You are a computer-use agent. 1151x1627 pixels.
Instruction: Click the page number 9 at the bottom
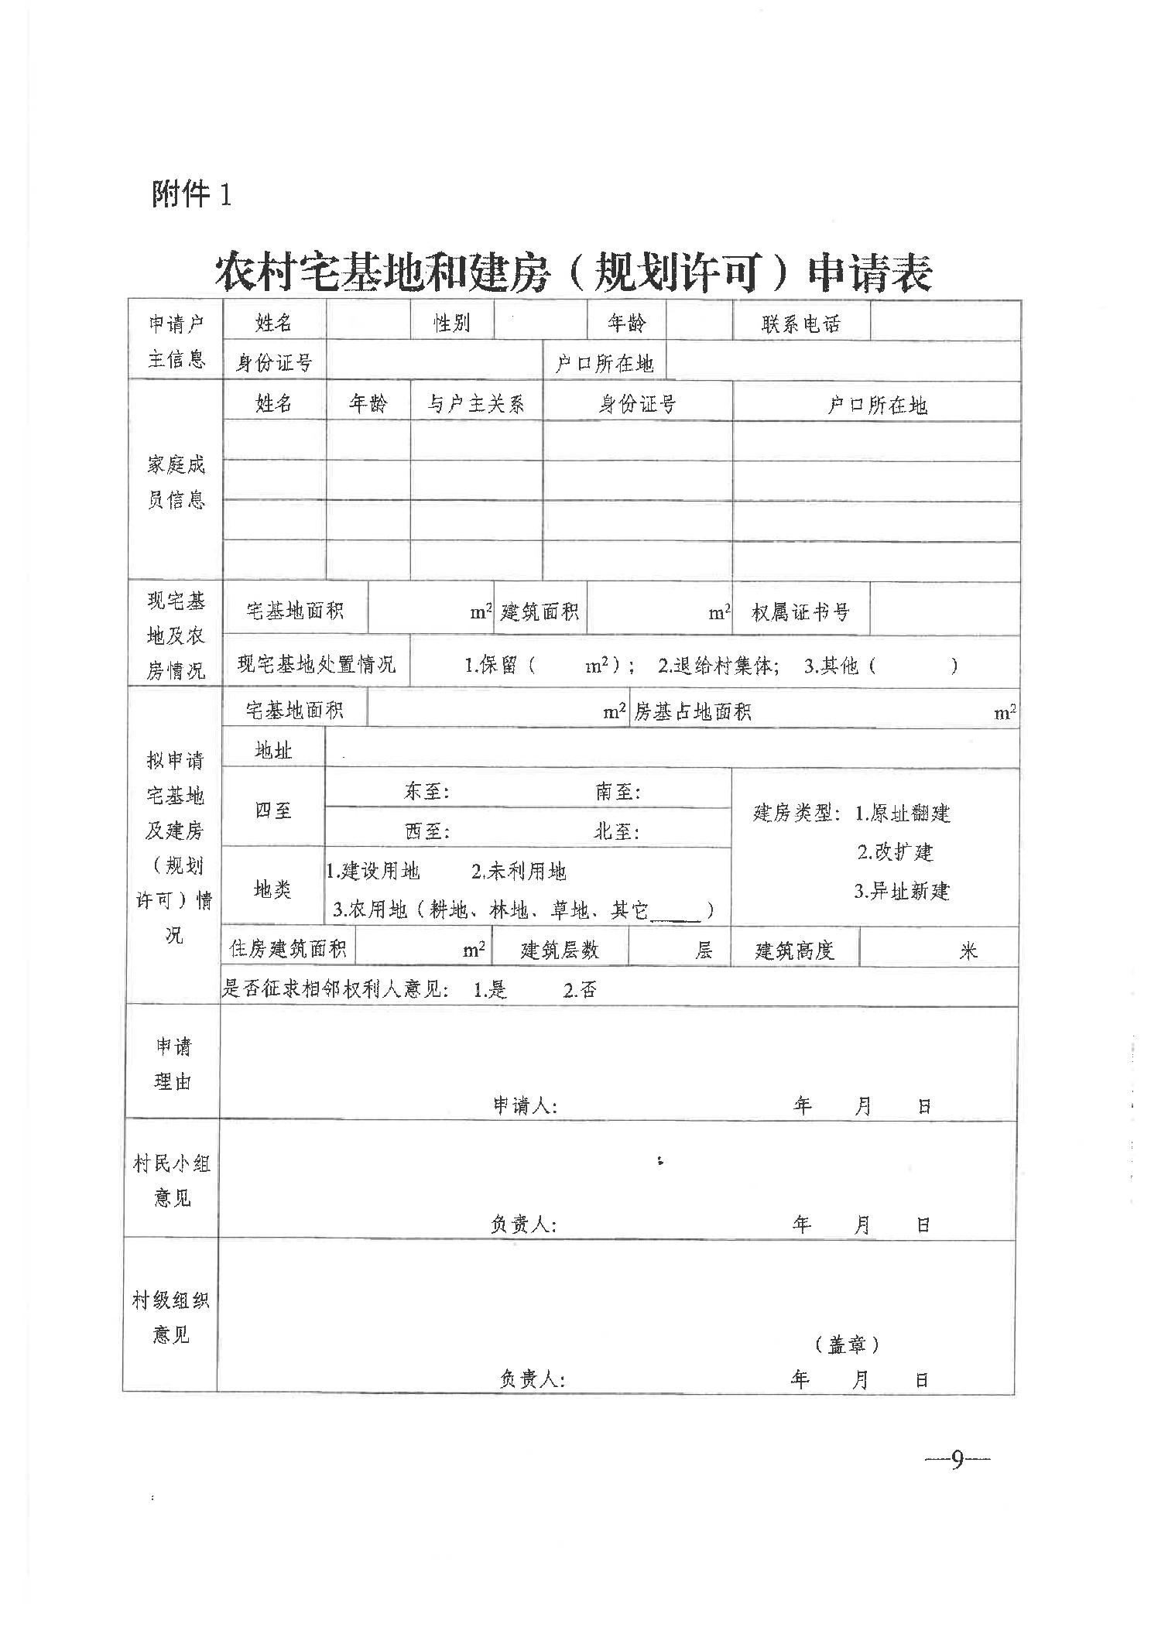click(957, 1460)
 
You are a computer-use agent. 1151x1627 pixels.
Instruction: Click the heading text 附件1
click(191, 194)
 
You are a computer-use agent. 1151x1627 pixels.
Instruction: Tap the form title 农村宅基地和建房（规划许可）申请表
click(573, 272)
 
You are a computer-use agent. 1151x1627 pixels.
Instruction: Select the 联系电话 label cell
click(800, 324)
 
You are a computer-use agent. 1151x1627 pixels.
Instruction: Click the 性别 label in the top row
click(451, 323)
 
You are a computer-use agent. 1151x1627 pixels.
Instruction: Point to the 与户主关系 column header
click(476, 403)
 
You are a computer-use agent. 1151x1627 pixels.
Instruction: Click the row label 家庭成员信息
click(176, 481)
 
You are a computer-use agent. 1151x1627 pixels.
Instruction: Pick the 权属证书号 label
click(800, 612)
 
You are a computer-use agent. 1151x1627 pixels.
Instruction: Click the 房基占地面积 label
click(692, 711)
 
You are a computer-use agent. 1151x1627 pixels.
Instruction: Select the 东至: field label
click(426, 791)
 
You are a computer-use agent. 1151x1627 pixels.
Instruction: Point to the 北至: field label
click(616, 831)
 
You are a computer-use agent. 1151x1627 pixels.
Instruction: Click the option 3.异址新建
click(901, 890)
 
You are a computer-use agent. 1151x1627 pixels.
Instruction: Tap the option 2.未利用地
click(519, 872)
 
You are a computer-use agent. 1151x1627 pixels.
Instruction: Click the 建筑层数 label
click(560, 950)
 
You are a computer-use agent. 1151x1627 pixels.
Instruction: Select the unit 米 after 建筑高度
click(968, 951)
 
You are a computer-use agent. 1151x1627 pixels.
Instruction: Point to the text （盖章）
click(848, 1344)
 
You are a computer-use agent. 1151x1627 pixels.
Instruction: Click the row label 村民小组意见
click(172, 1180)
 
